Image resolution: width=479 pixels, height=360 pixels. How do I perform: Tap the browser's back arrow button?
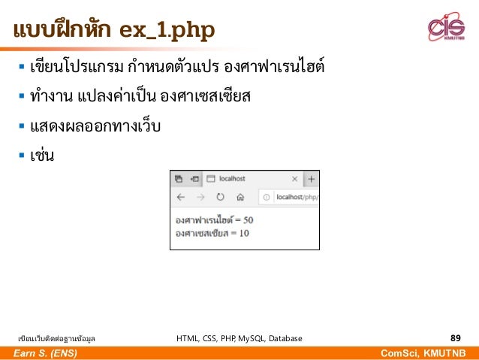180,198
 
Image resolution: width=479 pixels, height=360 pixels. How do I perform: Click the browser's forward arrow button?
200,198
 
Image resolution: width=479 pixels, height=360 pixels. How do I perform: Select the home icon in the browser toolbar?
239,198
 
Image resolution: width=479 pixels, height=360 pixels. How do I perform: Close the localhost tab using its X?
294,179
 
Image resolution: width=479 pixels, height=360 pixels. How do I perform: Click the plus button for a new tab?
312,179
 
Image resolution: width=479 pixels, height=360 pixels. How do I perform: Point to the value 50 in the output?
248,220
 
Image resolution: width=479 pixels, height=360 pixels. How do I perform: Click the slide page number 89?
455,338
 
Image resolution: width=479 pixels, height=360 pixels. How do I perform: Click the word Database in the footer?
286,339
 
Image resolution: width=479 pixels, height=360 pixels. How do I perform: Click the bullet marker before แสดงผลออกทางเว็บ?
23,126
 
